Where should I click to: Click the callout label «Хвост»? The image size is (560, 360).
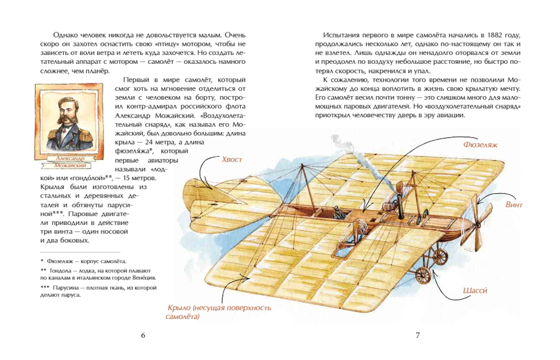click(232, 160)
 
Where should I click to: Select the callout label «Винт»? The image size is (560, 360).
click(514, 205)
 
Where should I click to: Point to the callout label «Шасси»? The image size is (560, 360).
click(475, 291)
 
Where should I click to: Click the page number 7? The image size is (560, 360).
click(418, 335)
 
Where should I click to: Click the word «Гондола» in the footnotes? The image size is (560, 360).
click(62, 270)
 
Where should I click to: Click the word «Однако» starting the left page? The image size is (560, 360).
click(64, 35)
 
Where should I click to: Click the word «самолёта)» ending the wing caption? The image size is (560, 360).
click(183, 316)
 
